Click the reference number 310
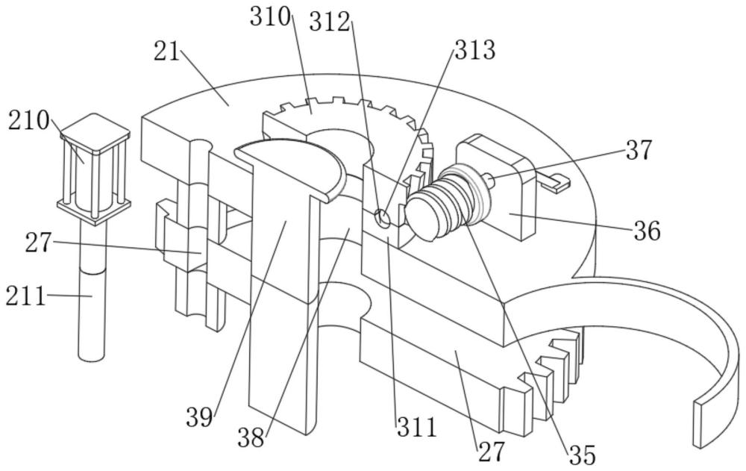tap(270, 18)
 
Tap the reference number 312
tap(330, 22)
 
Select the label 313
tap(474, 50)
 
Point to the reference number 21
tap(167, 52)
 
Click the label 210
tap(29, 121)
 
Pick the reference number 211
tap(25, 296)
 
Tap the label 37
tap(639, 150)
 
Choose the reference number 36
tap(647, 231)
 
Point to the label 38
tap(251, 438)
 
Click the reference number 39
tap(199, 418)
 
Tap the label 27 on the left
tap(39, 243)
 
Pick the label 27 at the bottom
tap(492, 452)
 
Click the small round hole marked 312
tap(382, 217)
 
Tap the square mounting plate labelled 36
tap(497, 187)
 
